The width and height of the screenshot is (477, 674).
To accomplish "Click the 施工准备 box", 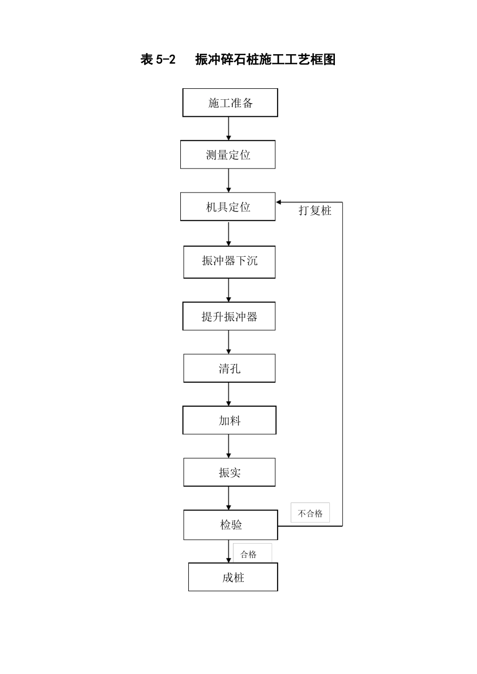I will pyautogui.click(x=230, y=103).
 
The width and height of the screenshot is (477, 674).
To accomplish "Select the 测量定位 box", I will pyautogui.click(x=228, y=154).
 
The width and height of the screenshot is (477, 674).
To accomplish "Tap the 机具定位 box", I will pyautogui.click(x=228, y=207).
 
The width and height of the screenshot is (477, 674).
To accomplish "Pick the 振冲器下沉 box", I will pyautogui.click(x=229, y=262).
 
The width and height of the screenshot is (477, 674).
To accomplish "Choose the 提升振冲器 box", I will pyautogui.click(x=229, y=316).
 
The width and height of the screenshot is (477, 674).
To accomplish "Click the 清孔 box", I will pyautogui.click(x=229, y=369).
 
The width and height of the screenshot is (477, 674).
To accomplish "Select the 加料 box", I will pyautogui.click(x=229, y=420).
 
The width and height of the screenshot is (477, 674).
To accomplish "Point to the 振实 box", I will pyautogui.click(x=229, y=472).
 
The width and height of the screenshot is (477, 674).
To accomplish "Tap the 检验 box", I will pyautogui.click(x=230, y=525).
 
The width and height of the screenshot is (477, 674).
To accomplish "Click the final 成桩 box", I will pyautogui.click(x=233, y=577).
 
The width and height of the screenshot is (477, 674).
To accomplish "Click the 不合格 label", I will pyautogui.click(x=310, y=513).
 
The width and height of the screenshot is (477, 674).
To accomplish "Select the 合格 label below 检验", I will pyautogui.click(x=249, y=554).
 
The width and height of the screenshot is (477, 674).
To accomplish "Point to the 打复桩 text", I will pyautogui.click(x=315, y=211).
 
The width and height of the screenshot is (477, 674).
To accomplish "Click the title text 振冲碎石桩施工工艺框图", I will pyautogui.click(x=265, y=60).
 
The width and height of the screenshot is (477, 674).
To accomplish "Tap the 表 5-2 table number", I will pyautogui.click(x=158, y=60).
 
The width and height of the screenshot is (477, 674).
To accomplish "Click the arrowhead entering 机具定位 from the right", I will pyautogui.click(x=279, y=202).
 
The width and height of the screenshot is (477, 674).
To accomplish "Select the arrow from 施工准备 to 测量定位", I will pyautogui.click(x=229, y=128).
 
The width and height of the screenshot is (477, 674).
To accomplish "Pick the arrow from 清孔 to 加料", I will pyautogui.click(x=229, y=394).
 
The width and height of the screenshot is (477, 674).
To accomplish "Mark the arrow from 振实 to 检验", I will pyautogui.click(x=229, y=498).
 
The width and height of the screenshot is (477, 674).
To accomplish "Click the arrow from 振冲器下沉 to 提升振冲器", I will pyautogui.click(x=229, y=290).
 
